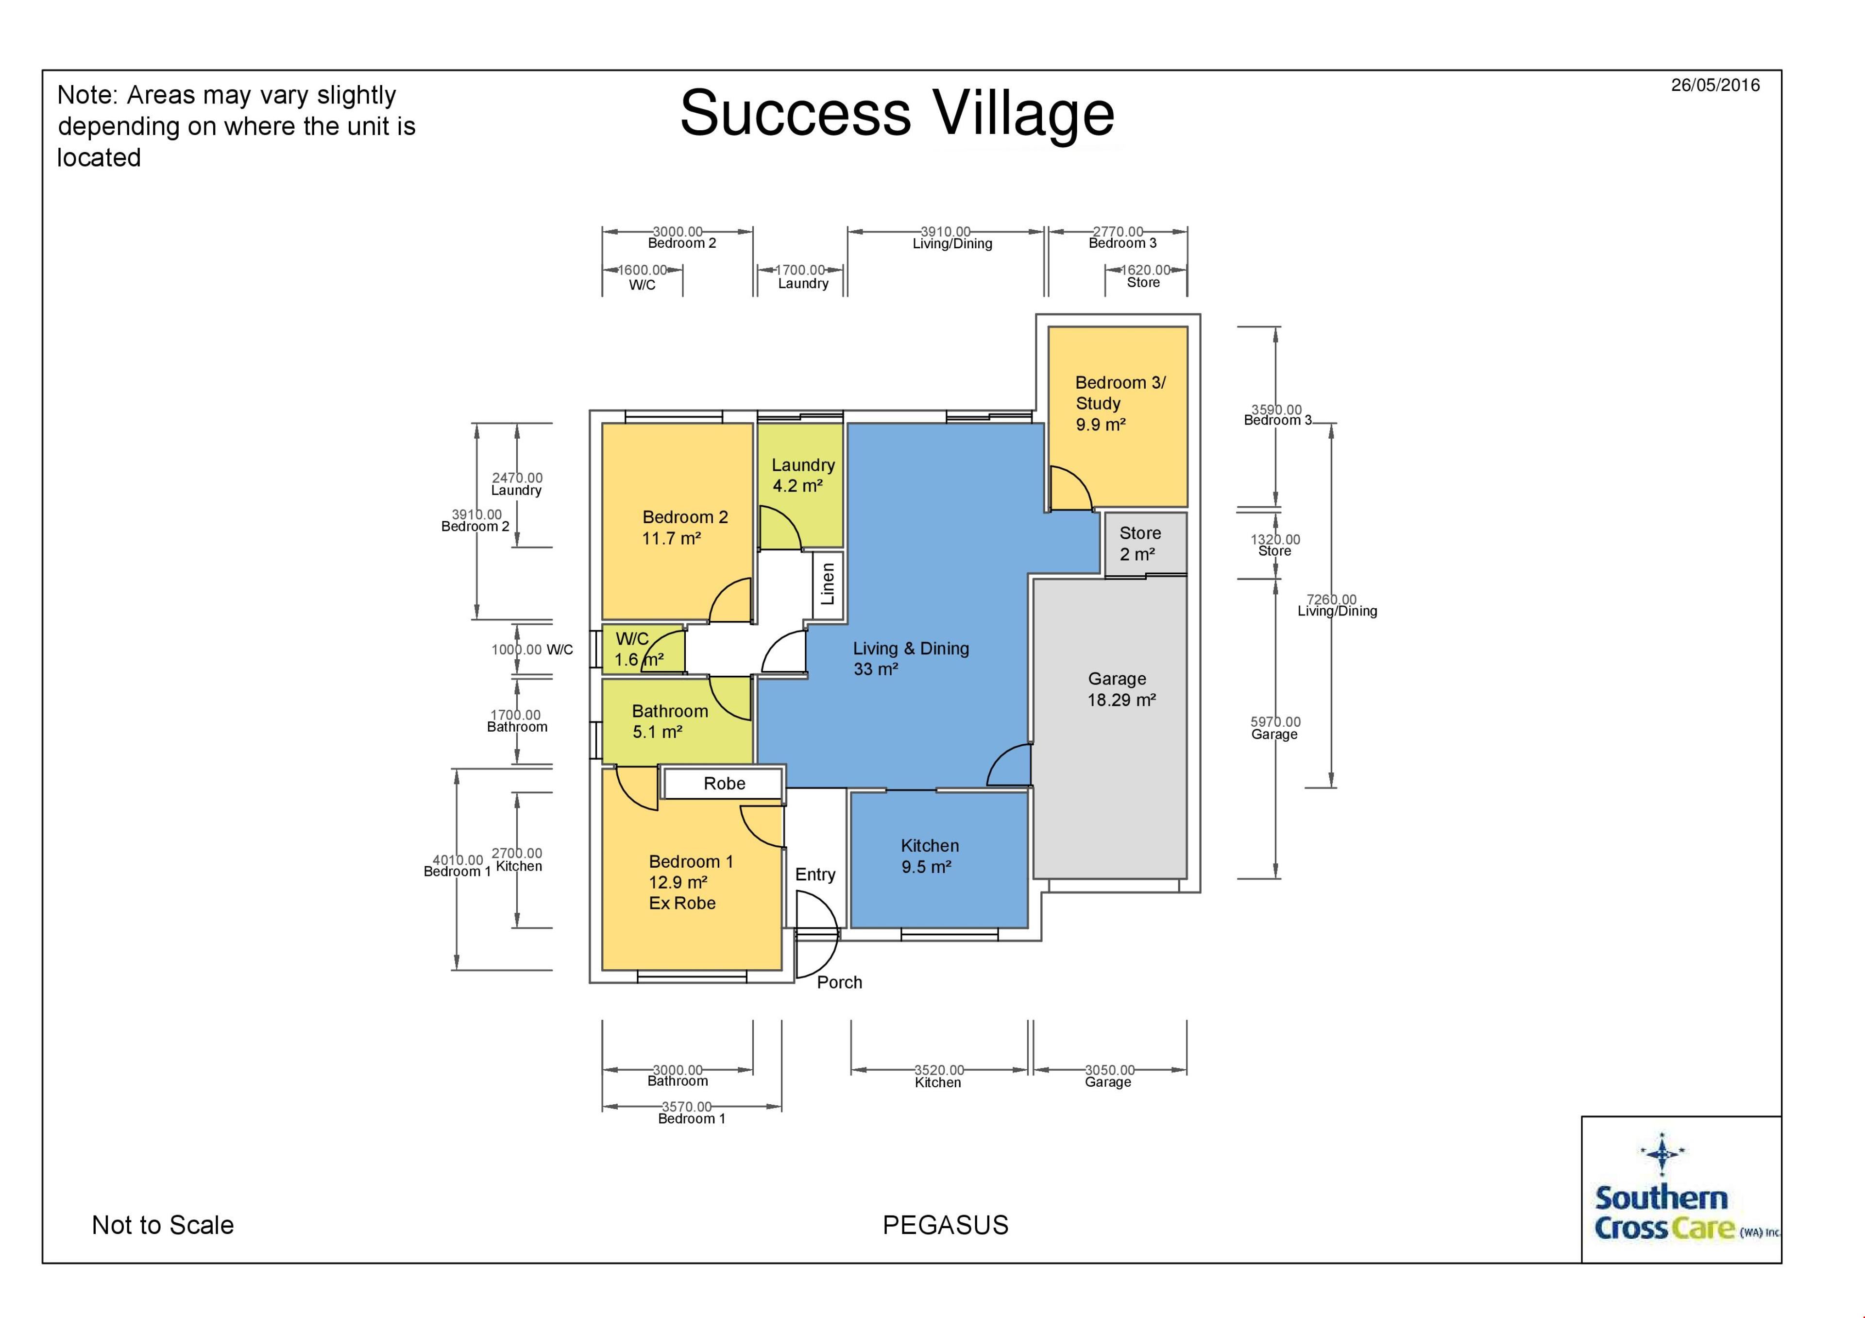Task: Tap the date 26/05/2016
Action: [x=1715, y=86]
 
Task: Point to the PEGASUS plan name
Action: [x=946, y=1225]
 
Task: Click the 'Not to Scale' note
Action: [x=162, y=1225]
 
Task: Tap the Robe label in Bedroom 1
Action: [x=724, y=783]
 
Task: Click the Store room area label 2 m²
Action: [x=1136, y=554]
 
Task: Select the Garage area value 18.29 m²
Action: [x=1121, y=700]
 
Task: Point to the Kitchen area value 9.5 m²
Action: [x=926, y=867]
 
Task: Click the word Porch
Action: [x=839, y=982]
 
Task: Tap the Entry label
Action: [x=814, y=874]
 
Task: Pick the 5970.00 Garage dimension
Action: [x=1274, y=727]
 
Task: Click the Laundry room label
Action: [x=802, y=465]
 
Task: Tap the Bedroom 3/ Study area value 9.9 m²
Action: [x=1100, y=424]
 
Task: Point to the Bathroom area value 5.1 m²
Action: [x=657, y=732]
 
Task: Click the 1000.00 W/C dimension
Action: [x=531, y=649]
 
